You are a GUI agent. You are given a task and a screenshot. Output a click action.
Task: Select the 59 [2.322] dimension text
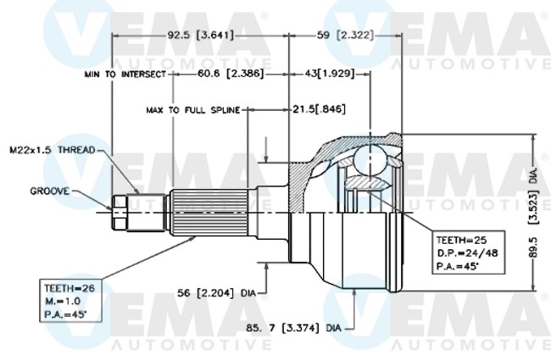click(x=346, y=36)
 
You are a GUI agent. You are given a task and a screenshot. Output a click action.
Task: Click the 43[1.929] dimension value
click(x=328, y=75)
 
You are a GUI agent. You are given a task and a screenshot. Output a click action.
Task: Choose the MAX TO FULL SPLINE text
click(x=192, y=110)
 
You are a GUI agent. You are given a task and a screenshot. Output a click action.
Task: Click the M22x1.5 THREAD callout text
click(x=53, y=150)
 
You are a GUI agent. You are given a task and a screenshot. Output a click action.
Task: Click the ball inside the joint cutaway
click(x=371, y=161)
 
